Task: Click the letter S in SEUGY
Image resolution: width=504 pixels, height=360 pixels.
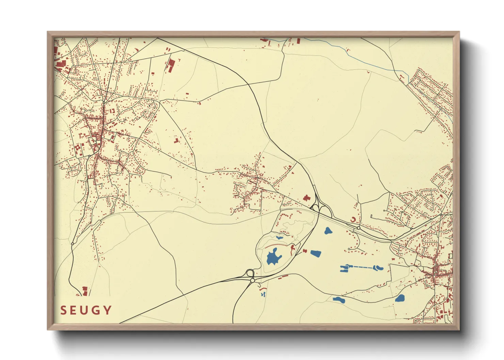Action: point(63,310)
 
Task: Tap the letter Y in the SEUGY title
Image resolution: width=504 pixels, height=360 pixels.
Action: point(108,310)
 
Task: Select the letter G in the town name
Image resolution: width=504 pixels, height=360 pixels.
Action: point(96,310)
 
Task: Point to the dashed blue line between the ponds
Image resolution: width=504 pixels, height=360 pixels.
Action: point(361,267)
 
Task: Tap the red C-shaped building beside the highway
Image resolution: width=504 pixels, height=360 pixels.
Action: point(353,220)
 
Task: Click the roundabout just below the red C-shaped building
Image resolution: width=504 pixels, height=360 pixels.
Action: point(359,228)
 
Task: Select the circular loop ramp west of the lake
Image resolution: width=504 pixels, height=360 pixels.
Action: point(250,273)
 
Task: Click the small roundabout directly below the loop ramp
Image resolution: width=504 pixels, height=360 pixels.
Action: point(252,280)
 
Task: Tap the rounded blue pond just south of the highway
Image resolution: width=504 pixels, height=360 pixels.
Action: point(328,231)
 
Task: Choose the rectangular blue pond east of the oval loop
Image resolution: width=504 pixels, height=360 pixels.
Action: point(316,253)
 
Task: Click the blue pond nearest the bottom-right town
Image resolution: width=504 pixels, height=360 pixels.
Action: point(400,298)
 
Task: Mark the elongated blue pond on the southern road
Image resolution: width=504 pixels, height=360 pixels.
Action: point(338,300)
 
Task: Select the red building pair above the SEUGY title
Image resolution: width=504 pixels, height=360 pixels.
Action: point(84,291)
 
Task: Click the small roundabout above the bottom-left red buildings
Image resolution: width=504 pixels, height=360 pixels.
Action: point(73,244)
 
